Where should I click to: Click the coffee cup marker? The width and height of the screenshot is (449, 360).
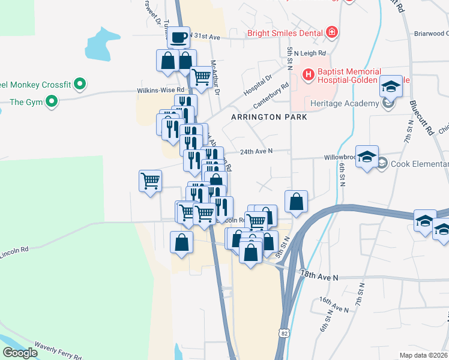point(178,38)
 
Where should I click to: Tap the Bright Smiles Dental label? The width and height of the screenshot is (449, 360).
point(285,34)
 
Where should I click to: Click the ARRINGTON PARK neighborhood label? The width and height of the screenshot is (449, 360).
point(269,117)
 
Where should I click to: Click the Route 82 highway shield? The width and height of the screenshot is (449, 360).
point(283,332)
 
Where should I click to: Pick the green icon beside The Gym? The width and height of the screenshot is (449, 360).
point(52,102)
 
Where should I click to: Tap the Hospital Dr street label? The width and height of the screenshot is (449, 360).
point(258,85)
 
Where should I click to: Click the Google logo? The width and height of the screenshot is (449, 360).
point(20,353)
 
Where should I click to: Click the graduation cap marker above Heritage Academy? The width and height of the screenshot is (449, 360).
point(391,88)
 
